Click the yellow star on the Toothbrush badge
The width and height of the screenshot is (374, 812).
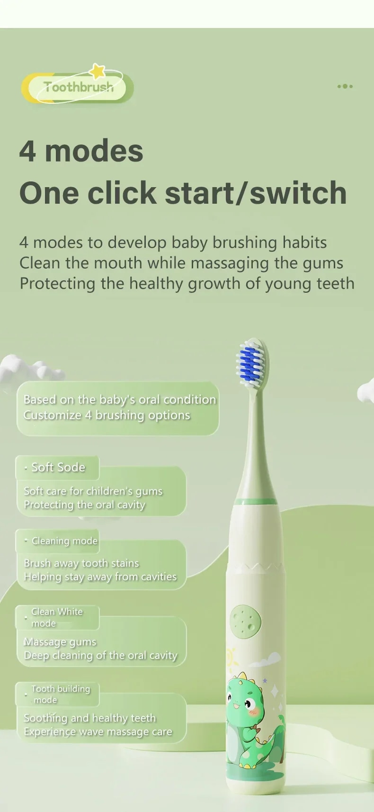pos(98,71)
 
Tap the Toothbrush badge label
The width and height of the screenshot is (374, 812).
pos(78,87)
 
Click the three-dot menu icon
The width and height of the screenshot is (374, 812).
pos(345,86)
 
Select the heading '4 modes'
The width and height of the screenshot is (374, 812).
pos(81,151)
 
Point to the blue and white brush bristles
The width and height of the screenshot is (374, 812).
pos(250,362)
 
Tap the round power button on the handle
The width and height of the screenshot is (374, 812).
pos(245,622)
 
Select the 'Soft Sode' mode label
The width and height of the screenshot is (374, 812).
pos(58,467)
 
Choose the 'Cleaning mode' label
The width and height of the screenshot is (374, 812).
pos(65,541)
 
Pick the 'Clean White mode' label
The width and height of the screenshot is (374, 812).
pos(57,617)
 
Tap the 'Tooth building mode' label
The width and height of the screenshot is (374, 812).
pos(61,694)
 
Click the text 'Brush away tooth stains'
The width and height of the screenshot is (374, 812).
pos(81,563)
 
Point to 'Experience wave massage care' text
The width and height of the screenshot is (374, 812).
pos(98,732)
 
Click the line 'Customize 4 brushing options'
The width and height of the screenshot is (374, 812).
pos(107,415)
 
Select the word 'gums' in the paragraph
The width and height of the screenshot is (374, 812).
pos(323,263)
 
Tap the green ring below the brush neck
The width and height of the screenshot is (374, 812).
pos(256,502)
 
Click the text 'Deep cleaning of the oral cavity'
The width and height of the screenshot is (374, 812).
pos(101,655)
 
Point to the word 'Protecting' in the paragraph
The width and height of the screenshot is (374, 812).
pos(58,284)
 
